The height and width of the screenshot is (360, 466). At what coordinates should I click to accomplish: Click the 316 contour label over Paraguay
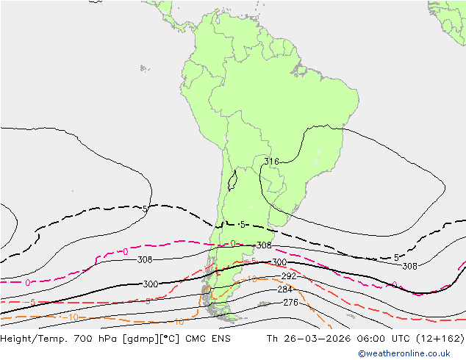click(271, 162)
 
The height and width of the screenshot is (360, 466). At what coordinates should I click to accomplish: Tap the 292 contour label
click(288, 277)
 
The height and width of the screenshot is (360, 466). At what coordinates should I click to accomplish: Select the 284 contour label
click(285, 289)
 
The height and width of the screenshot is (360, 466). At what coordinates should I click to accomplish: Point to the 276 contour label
click(290, 303)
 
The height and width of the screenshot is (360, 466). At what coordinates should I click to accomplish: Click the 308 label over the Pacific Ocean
click(145, 259)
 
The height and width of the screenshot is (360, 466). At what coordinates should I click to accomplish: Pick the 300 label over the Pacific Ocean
click(150, 284)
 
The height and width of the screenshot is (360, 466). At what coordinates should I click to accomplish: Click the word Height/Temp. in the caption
click(32, 339)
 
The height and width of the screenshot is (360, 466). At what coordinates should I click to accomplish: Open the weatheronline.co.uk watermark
click(409, 353)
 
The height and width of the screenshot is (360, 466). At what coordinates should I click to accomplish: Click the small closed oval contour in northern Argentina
click(233, 178)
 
